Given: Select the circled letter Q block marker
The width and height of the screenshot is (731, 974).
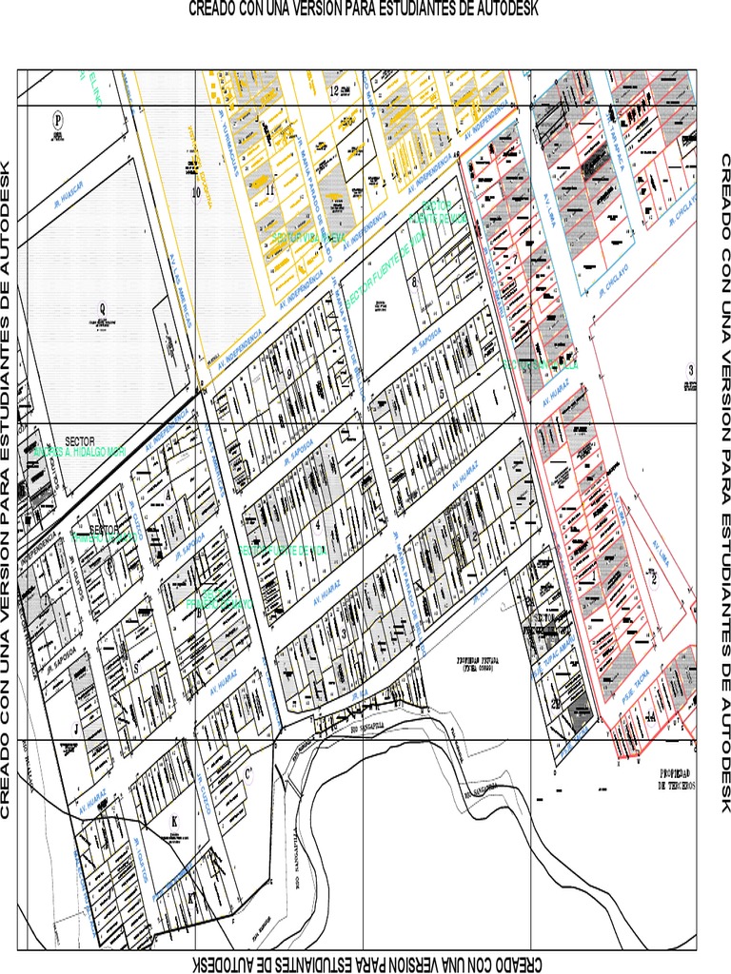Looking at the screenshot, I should (103, 307).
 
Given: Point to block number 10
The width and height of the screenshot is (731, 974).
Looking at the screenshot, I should (197, 190).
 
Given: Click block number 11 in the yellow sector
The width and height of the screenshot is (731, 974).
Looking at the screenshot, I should (269, 188).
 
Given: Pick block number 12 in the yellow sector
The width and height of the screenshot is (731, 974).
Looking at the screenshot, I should (334, 91).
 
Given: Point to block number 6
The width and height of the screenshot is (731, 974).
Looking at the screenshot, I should (415, 282).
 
